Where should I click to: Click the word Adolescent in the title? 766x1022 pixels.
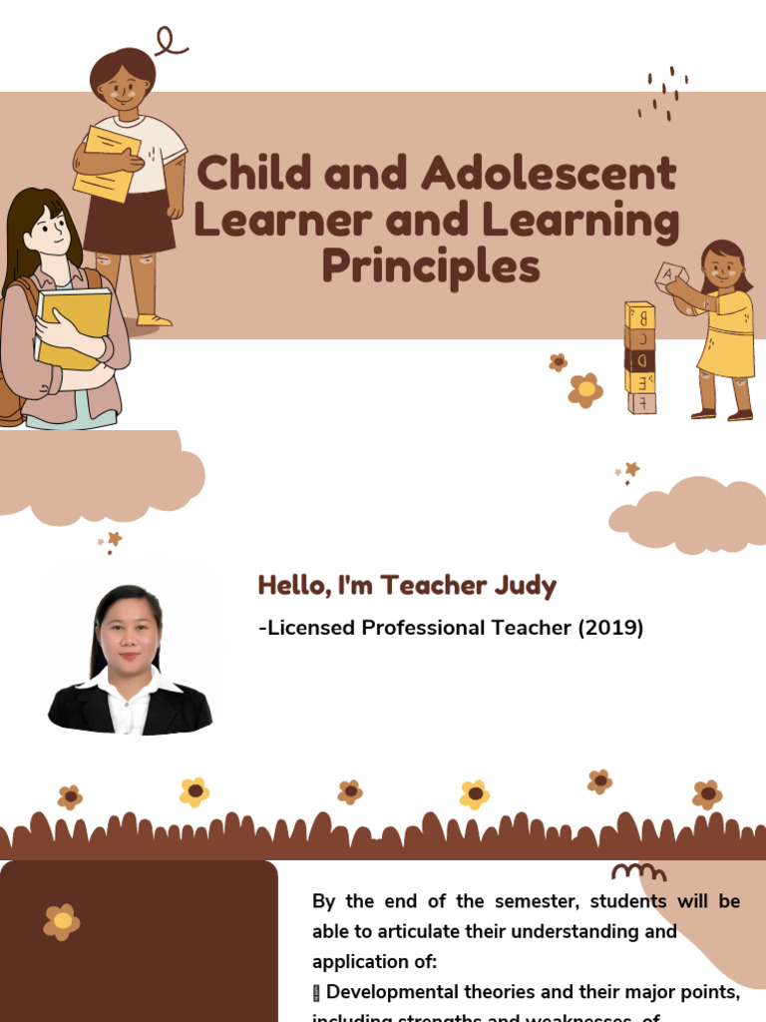point(550,175)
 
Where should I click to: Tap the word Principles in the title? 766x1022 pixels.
point(431,267)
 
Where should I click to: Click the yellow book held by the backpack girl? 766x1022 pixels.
point(74,325)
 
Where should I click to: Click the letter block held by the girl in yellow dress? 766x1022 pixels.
point(665,273)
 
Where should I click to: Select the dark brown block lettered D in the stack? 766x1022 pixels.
point(640,359)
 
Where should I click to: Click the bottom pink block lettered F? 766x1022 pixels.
point(641,402)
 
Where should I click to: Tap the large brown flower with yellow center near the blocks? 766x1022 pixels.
point(585,389)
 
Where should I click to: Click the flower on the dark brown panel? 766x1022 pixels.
point(62,921)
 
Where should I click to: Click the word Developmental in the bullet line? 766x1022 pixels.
point(391,992)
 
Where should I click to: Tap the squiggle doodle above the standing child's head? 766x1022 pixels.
point(170,42)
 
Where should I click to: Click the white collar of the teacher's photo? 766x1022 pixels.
point(130,691)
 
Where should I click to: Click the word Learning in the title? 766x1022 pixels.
point(579,222)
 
